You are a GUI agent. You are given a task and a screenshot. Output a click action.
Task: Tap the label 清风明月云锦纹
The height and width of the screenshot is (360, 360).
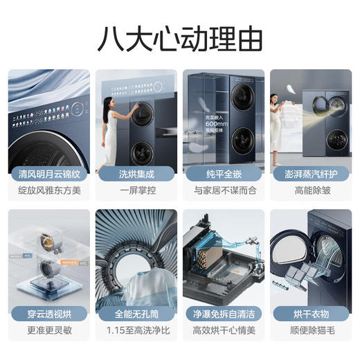(x=49, y=173)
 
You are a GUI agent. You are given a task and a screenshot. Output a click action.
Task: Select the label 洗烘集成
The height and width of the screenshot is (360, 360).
(x=136, y=173)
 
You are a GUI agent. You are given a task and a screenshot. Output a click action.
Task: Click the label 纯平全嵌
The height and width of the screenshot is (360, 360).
(x=223, y=173)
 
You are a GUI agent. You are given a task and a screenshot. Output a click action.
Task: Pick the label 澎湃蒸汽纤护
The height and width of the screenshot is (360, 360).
(x=310, y=173)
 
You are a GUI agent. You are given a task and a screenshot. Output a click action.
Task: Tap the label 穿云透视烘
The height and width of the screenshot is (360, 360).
(x=49, y=314)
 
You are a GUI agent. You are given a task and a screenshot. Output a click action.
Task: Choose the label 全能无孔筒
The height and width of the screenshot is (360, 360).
(x=136, y=314)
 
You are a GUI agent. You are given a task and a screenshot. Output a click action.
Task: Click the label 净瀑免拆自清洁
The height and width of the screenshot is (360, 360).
(x=223, y=314)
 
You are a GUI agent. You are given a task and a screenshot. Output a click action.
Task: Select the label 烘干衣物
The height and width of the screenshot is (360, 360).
(x=310, y=314)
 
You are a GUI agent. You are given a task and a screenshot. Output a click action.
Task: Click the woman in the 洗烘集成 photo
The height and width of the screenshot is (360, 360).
(x=110, y=128)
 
